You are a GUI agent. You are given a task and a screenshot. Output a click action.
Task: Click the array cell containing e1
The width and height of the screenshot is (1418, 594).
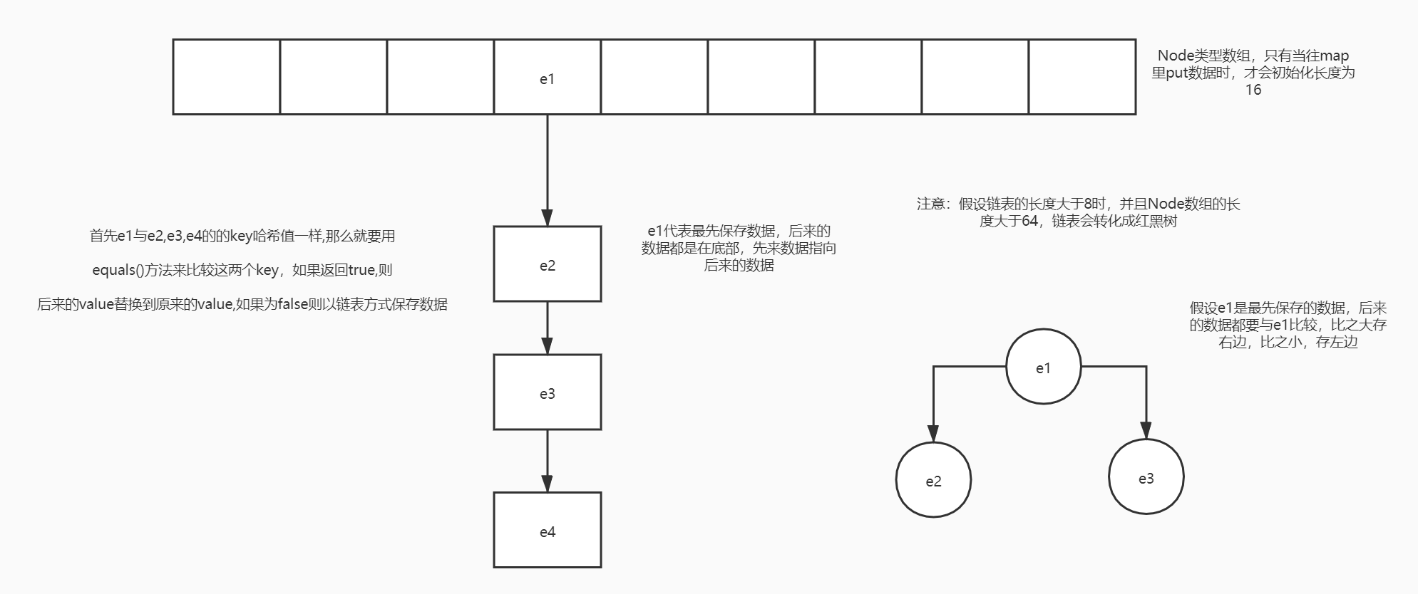point(547,77)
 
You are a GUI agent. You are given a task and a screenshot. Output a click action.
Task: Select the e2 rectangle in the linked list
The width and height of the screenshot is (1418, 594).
point(547,264)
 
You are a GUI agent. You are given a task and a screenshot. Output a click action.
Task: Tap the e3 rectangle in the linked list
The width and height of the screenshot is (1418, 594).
point(547,392)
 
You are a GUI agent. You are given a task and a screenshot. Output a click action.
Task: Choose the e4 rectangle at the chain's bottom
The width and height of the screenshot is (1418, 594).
point(547,530)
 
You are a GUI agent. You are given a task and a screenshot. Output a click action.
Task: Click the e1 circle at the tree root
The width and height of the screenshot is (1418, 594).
point(1043,367)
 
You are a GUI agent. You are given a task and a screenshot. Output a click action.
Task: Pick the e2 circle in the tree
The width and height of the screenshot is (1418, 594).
point(933,480)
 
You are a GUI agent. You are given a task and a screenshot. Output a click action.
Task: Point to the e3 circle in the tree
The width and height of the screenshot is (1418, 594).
point(1146,477)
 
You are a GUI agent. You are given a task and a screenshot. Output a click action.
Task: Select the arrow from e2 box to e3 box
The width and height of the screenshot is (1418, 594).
point(547,328)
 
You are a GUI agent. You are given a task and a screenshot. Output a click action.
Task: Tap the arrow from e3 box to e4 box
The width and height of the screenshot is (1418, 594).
point(547,460)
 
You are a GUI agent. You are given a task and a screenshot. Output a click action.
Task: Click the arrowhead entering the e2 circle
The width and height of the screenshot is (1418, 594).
point(933,434)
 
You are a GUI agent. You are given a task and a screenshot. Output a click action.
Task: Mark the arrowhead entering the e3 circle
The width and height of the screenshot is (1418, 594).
point(1146,431)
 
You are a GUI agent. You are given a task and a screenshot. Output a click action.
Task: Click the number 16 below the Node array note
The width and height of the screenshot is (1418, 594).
point(1253,90)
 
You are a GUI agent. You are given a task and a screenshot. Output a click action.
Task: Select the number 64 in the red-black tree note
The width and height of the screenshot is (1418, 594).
point(1029,222)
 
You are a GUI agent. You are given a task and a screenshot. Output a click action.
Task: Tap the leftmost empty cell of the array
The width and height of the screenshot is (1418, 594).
point(227,77)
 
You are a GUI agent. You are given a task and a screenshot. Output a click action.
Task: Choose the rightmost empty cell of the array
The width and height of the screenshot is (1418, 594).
point(1082,77)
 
